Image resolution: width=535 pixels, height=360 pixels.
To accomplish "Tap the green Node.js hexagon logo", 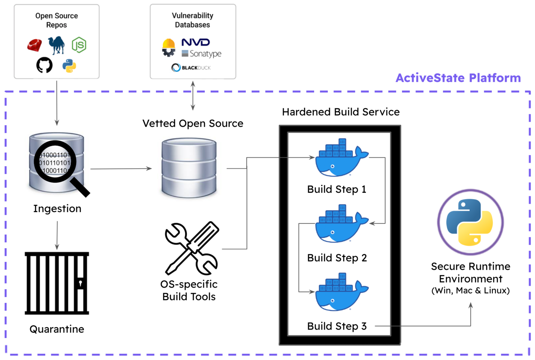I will pyautogui.click(x=79, y=45).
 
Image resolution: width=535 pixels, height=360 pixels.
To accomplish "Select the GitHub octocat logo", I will pyautogui.click(x=44, y=65).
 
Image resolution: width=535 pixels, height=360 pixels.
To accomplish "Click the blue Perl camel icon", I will pyautogui.click(x=57, y=45).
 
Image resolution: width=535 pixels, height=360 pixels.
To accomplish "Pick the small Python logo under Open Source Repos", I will pyautogui.click(x=69, y=66).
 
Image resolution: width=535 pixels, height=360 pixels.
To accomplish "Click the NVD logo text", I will pyautogui.click(x=195, y=42).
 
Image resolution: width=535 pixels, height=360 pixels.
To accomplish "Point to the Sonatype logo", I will pyautogui.click(x=202, y=54).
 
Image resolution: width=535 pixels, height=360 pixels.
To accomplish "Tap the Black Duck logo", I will pyautogui.click(x=191, y=68).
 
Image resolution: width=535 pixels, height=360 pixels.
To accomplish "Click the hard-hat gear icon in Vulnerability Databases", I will pyautogui.click(x=169, y=47).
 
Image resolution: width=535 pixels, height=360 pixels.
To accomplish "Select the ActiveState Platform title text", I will pyautogui.click(x=458, y=78).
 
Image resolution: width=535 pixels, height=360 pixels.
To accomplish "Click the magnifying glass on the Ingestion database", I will pyautogui.click(x=56, y=162).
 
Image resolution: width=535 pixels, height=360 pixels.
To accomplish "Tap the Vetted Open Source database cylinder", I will pyautogui.click(x=189, y=168).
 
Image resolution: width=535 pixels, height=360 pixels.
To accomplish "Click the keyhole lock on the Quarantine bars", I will pyautogui.click(x=80, y=283).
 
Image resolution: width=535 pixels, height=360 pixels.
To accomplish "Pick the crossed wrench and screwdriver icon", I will pyautogui.click(x=192, y=248).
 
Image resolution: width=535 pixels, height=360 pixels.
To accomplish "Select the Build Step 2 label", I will pyautogui.click(x=337, y=258).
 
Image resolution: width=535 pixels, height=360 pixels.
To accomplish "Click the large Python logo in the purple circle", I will pyautogui.click(x=470, y=222).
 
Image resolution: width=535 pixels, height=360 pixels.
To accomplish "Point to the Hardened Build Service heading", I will pyautogui.click(x=341, y=112).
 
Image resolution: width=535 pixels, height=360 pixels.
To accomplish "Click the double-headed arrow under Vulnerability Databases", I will pyautogui.click(x=193, y=96).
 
